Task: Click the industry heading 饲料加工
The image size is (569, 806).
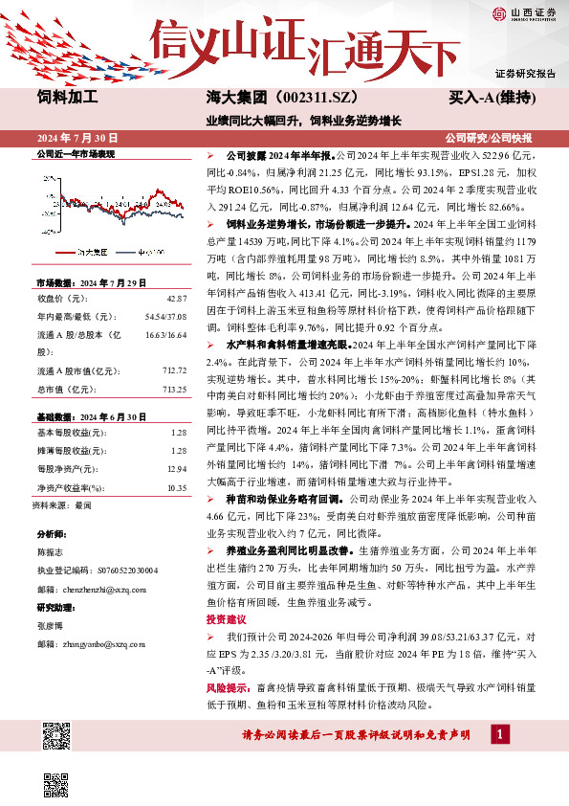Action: [67, 98]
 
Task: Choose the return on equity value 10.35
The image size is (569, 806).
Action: [175, 488]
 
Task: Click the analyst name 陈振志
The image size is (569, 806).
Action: [50, 552]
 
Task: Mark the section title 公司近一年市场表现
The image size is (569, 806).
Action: [76, 153]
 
